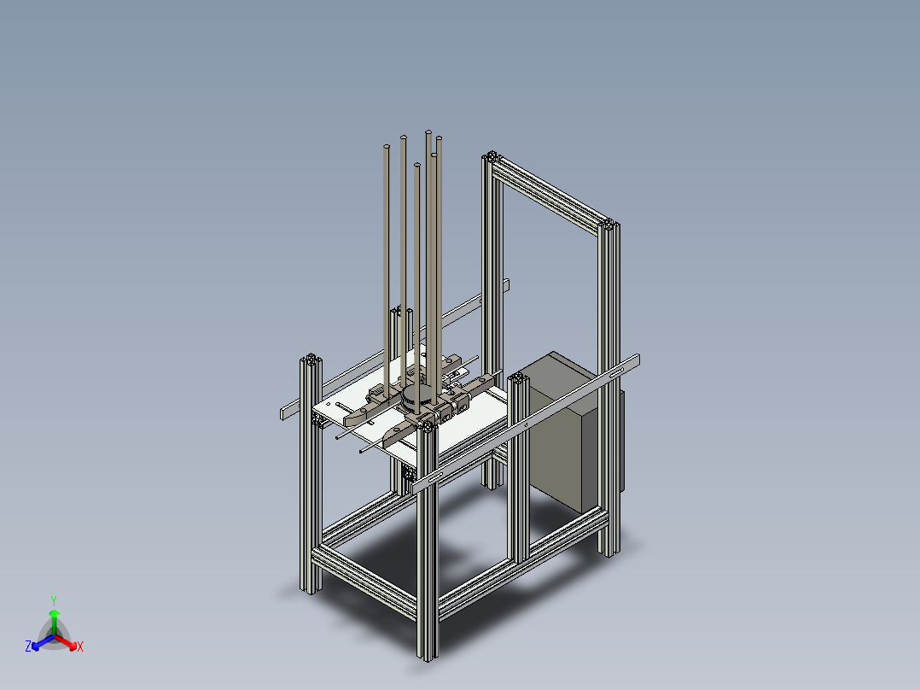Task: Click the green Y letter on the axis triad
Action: click(53, 600)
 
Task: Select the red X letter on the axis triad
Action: click(80, 647)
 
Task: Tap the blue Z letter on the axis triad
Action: click(28, 647)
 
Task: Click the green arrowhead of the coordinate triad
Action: click(53, 613)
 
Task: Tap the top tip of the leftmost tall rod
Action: click(387, 149)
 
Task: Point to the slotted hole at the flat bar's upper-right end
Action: click(632, 361)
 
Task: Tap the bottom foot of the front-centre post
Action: click(427, 654)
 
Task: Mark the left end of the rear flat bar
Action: click(284, 414)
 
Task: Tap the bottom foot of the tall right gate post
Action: click(608, 552)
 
